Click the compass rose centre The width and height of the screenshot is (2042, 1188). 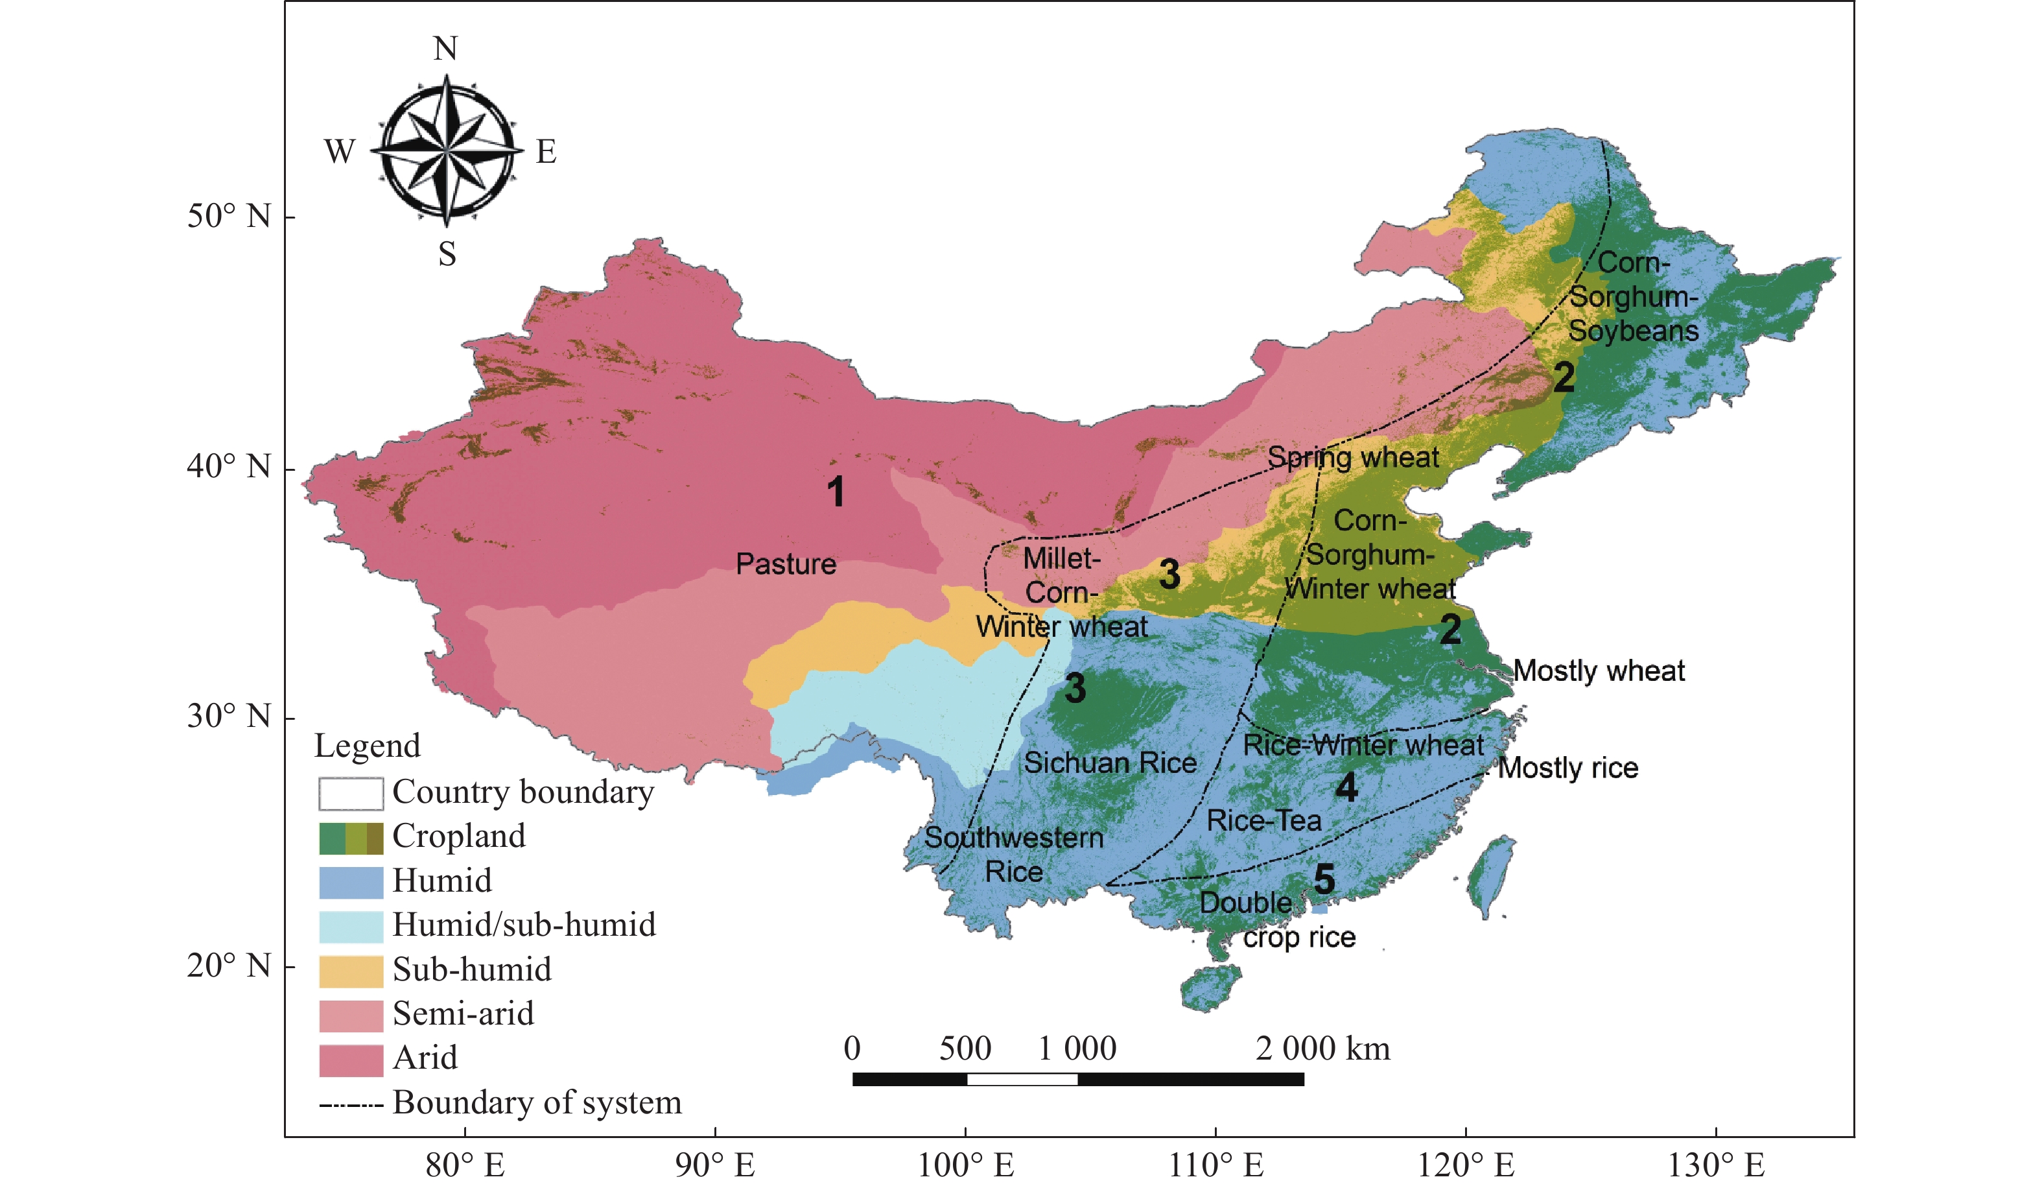pyautogui.click(x=447, y=150)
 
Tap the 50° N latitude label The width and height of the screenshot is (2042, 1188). pyautogui.click(x=229, y=217)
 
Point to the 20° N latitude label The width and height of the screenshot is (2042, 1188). pyautogui.click(x=229, y=965)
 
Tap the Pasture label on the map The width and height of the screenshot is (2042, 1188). pyautogui.click(x=785, y=564)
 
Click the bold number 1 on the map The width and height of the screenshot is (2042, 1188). pyautogui.click(x=836, y=492)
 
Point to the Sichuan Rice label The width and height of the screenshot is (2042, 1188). pyautogui.click(x=1109, y=763)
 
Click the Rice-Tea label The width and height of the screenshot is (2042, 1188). pyautogui.click(x=1263, y=821)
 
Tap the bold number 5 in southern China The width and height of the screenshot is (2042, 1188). pyautogui.click(x=1324, y=879)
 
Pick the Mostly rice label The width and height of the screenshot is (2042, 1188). pyautogui.click(x=1567, y=767)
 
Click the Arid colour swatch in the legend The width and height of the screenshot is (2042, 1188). pyautogui.click(x=350, y=1060)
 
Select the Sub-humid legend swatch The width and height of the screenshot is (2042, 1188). pyautogui.click(x=350, y=971)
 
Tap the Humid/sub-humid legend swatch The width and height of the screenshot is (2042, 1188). pyautogui.click(x=350, y=926)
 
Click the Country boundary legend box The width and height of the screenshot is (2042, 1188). pyautogui.click(x=350, y=793)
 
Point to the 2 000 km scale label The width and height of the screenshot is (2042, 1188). pyautogui.click(x=1322, y=1049)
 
